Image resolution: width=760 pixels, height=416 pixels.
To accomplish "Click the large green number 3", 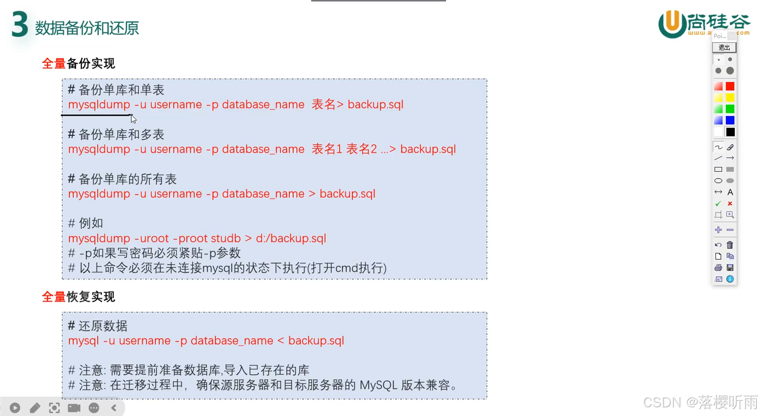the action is coord(20,25).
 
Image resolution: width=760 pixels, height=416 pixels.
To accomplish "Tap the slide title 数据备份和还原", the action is coord(87,28).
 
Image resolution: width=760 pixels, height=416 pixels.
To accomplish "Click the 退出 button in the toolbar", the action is coord(724,48).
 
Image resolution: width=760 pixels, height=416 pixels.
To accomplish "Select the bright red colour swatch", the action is coord(730,86).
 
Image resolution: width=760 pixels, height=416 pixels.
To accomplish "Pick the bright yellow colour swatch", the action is coord(730,98).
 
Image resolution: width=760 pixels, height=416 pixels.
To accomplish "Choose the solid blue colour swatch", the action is coord(730,120).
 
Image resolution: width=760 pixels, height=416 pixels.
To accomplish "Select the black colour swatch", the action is coord(730,132).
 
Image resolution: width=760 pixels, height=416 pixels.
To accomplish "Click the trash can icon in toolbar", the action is coord(730,245).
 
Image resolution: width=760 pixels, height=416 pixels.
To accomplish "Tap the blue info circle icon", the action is coord(730,279).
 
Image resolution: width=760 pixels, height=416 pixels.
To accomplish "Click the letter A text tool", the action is coord(730,192).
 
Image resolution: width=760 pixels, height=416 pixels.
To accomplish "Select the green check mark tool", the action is coord(718,203).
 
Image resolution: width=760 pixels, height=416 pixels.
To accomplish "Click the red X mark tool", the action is coord(730,203).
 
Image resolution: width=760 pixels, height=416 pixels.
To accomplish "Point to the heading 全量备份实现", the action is coord(78,64).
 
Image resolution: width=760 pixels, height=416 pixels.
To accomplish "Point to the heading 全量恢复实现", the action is coord(78,297).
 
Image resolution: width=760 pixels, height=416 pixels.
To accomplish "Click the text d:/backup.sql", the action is coord(291,238).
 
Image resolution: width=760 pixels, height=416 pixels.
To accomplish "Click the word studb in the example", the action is coord(226,238).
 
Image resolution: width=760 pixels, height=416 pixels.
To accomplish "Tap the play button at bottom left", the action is coord(15,408).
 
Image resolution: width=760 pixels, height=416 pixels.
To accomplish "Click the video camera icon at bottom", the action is coord(74,408).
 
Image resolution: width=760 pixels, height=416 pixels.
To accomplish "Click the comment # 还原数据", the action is coord(97,326).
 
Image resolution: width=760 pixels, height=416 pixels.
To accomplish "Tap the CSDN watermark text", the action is coord(700,402).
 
